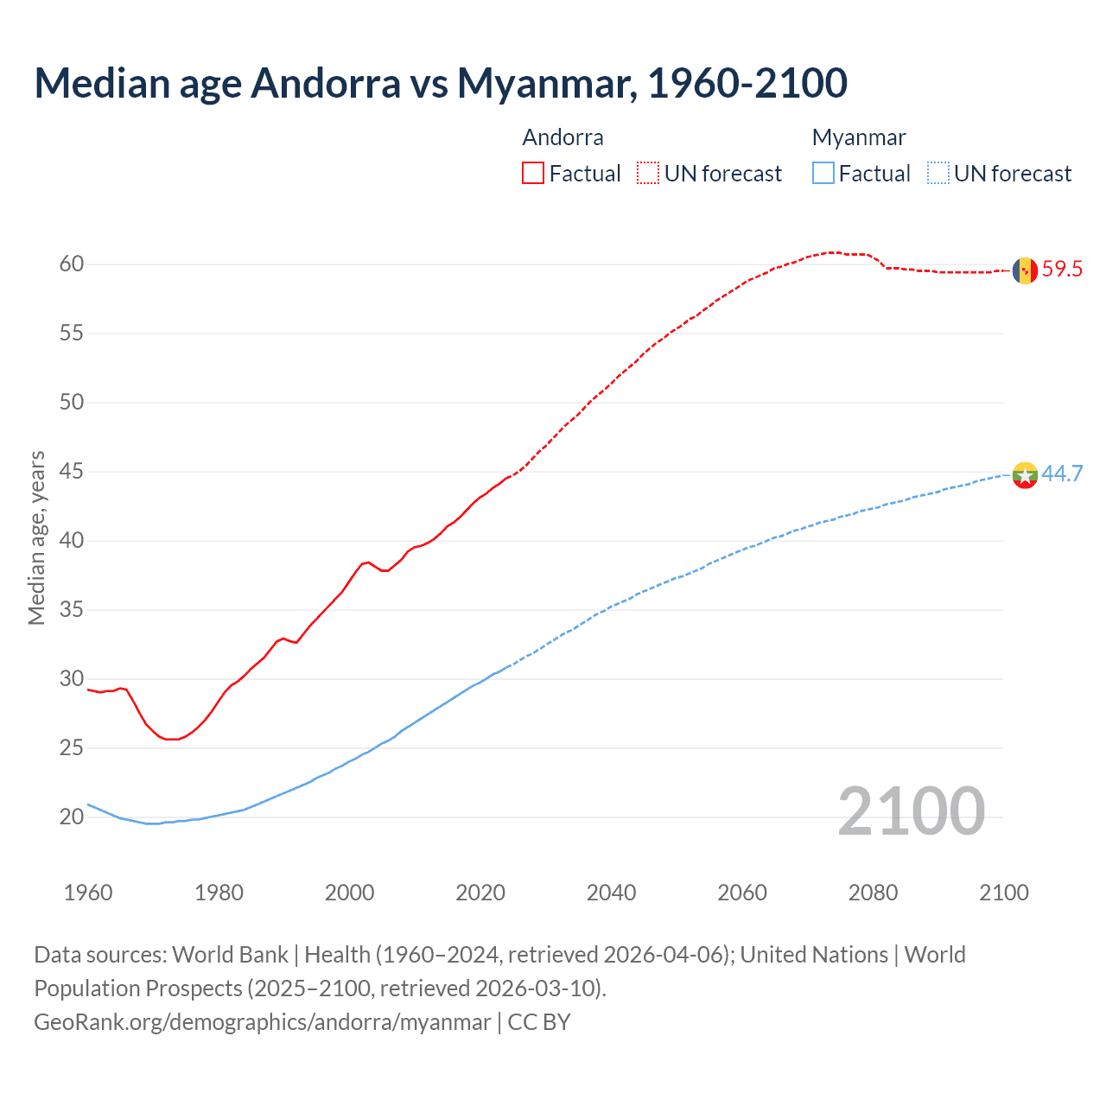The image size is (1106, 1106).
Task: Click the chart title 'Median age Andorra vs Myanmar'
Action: point(441,83)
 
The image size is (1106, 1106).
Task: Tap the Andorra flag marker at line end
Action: point(1025,270)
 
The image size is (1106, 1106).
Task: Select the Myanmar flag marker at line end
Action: point(1025,474)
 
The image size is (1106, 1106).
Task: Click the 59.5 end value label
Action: point(1062,269)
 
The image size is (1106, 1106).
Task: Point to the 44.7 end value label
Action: point(1062,474)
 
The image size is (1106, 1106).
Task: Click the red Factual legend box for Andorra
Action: point(533,174)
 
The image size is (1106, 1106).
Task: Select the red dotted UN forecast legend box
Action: point(648,174)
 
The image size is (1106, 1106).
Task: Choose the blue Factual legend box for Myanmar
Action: point(823,174)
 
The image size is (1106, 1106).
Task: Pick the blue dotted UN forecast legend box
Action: point(938,174)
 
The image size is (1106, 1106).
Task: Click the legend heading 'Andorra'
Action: point(563,137)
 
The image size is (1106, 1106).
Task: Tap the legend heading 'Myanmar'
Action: point(859,137)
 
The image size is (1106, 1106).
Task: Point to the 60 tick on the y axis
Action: point(72,264)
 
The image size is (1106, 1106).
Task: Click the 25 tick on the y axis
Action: point(72,748)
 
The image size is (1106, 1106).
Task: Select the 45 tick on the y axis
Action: point(72,472)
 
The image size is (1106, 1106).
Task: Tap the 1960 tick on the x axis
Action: point(88,893)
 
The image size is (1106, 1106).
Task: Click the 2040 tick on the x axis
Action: point(611,893)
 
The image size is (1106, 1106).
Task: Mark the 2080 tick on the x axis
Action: point(873,893)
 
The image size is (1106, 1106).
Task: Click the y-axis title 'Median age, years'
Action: point(36,537)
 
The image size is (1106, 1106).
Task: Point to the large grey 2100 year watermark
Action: point(911,811)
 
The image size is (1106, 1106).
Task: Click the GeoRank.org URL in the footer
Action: point(262,1022)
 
